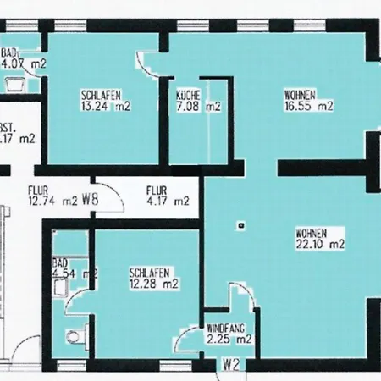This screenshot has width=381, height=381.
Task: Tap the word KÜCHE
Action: [188, 95]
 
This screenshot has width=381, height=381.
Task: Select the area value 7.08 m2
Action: [198, 107]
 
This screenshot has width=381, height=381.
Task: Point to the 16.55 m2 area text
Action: [310, 107]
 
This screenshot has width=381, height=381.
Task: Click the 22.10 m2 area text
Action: [322, 245]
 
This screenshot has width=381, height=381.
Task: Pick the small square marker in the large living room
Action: [241, 225]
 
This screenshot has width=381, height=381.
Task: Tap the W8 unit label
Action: [91, 202]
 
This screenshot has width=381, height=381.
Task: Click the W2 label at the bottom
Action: [229, 366]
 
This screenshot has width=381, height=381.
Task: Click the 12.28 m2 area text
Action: [153, 284]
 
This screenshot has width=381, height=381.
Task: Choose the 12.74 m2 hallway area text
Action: [52, 202]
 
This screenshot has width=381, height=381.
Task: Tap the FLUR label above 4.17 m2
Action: [156, 190]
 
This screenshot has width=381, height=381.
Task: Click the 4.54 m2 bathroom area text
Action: [73, 273]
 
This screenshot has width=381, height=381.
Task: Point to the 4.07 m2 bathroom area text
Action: [24, 63]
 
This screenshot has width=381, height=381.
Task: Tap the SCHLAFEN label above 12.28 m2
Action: [151, 273]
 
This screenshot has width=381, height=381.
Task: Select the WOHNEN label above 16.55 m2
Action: [299, 95]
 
